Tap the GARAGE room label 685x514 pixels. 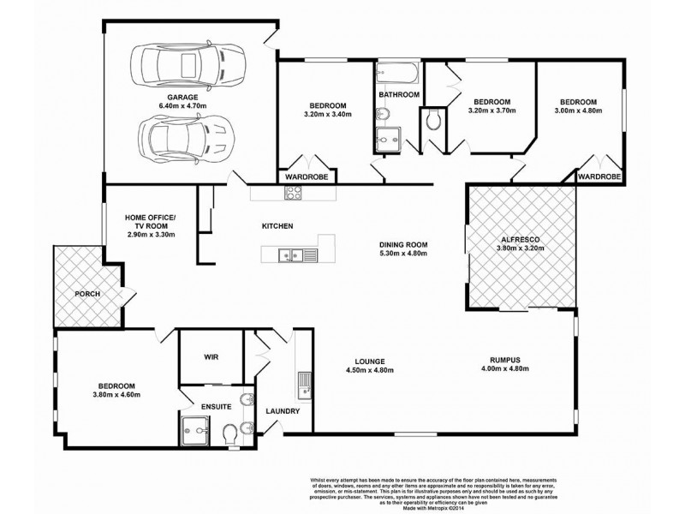(x=182, y=98)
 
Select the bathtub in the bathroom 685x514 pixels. (x=398, y=72)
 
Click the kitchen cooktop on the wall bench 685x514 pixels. (x=293, y=194)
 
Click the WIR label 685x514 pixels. (x=213, y=356)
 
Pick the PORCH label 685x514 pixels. (x=88, y=294)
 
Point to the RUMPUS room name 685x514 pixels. (x=501, y=360)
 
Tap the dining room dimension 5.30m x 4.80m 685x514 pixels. (x=403, y=254)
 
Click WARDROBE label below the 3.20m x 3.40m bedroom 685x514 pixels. (x=307, y=177)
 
